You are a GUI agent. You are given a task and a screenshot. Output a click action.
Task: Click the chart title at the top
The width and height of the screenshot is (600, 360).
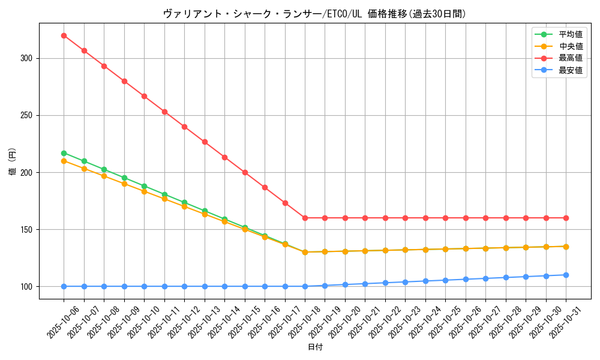point(314,13)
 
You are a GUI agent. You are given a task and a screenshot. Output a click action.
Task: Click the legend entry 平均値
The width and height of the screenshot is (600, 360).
point(571,34)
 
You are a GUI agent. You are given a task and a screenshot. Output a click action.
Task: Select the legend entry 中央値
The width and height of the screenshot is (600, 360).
point(571,46)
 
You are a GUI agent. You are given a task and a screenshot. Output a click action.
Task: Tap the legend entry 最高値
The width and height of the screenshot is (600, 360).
point(571,58)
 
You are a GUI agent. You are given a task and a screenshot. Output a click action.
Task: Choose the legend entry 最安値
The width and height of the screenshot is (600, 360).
point(571,70)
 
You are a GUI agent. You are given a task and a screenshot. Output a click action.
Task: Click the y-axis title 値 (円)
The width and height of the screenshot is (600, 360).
point(12,163)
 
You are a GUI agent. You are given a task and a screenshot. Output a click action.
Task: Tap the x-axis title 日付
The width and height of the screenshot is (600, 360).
point(315,347)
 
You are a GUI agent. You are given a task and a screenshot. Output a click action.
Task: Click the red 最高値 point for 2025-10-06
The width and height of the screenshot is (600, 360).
point(64,35)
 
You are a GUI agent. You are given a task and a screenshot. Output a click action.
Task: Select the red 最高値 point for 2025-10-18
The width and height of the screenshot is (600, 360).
point(305,218)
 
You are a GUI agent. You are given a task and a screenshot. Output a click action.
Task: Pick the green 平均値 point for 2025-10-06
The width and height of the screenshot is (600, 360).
point(64,153)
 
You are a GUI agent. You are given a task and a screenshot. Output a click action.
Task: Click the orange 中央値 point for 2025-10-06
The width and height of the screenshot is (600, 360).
point(64,161)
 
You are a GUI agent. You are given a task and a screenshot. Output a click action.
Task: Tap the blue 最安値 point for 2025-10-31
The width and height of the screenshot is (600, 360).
point(566,275)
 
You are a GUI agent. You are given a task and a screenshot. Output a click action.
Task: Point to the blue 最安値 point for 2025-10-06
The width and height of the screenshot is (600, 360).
point(64,286)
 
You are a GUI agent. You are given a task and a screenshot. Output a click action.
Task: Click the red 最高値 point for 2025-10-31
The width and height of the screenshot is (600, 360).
point(566,218)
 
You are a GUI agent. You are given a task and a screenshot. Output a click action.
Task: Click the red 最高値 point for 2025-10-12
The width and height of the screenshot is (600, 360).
point(184,127)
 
